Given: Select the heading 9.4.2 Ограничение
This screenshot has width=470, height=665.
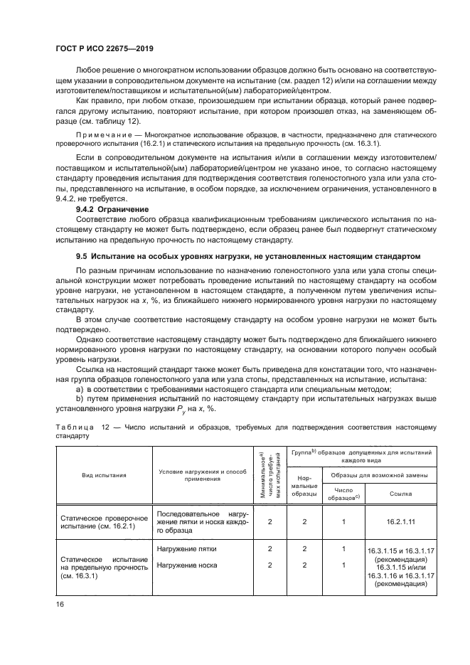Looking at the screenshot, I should (x=112, y=210).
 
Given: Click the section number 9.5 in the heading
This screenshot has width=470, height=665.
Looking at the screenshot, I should (x=83, y=255).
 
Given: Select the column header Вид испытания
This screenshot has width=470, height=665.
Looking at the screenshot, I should (x=102, y=475).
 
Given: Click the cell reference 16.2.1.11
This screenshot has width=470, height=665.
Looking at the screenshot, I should (x=396, y=521).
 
